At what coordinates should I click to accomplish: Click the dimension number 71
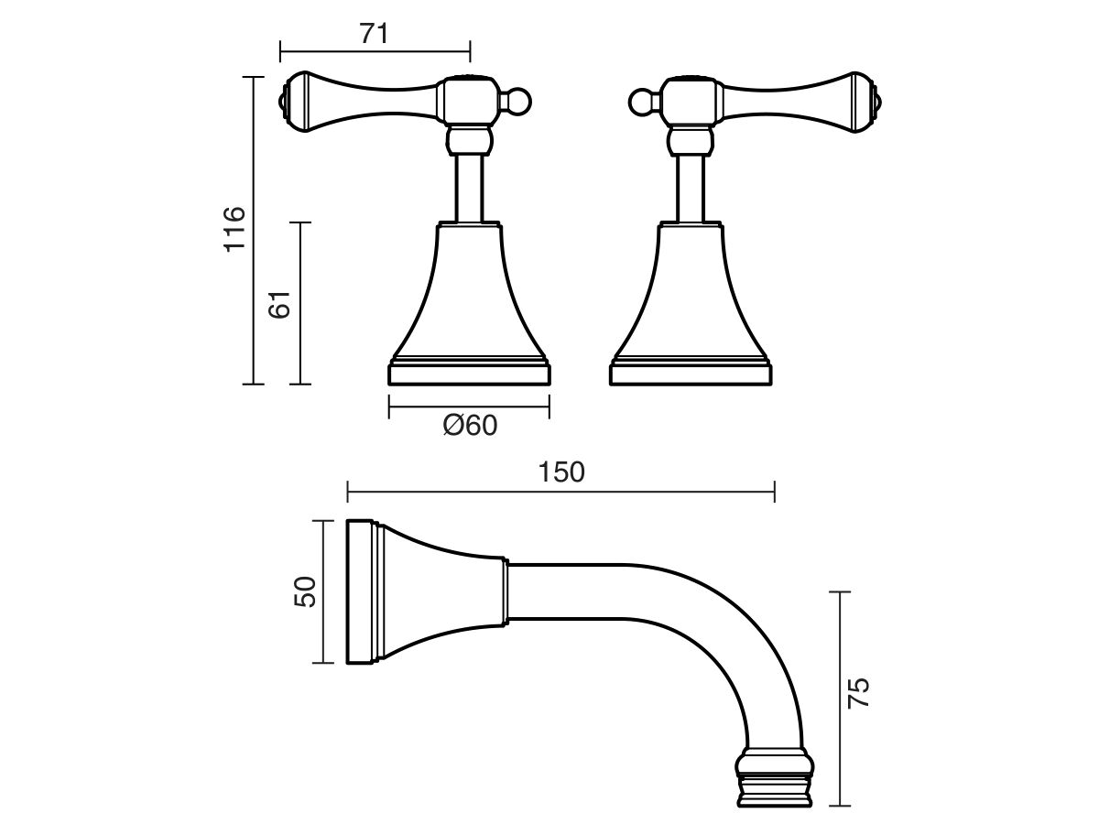click(x=374, y=35)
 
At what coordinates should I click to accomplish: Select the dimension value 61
click(x=280, y=304)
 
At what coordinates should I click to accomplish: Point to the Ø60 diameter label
click(x=470, y=426)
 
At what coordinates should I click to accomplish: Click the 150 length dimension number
click(x=561, y=472)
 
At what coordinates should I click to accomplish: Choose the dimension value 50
click(x=305, y=591)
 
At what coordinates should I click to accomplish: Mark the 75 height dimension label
click(x=859, y=693)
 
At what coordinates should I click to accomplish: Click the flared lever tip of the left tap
click(x=297, y=102)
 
